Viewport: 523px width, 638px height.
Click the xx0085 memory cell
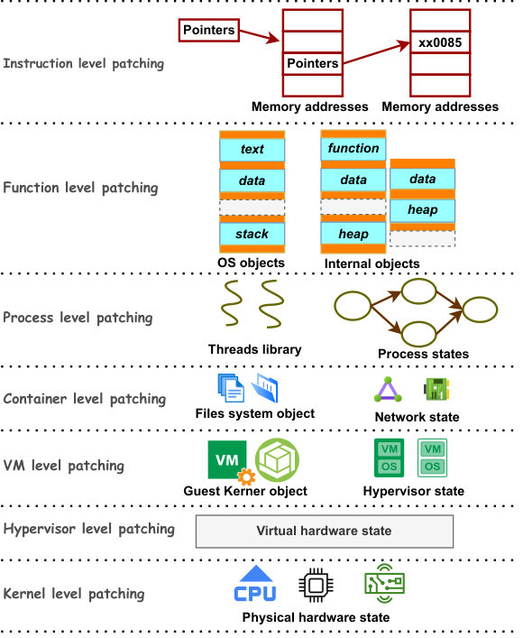(x=440, y=42)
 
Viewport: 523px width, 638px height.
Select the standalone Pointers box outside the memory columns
(x=209, y=30)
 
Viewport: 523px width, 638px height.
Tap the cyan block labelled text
(x=252, y=149)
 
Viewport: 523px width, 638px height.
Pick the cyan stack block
(x=252, y=234)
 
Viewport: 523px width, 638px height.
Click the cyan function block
(x=353, y=149)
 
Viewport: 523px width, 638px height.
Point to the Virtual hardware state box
(x=325, y=531)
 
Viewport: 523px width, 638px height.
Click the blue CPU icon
(x=255, y=583)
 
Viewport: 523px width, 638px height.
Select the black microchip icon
(x=317, y=586)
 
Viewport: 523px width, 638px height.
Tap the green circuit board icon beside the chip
(x=385, y=584)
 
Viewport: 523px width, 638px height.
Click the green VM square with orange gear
(x=230, y=462)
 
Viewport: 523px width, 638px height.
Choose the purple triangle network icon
(x=388, y=390)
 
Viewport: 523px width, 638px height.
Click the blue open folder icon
(x=265, y=388)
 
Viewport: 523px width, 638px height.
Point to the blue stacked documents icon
(x=231, y=388)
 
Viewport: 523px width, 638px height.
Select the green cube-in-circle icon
(x=278, y=460)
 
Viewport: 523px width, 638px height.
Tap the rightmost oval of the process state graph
(x=481, y=310)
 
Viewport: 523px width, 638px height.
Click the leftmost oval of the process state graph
(x=353, y=306)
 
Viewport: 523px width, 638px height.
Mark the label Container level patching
(x=85, y=399)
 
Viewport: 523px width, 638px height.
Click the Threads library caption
(x=255, y=349)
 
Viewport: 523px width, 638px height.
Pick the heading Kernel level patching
(x=74, y=594)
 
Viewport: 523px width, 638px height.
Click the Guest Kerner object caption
(x=245, y=491)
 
